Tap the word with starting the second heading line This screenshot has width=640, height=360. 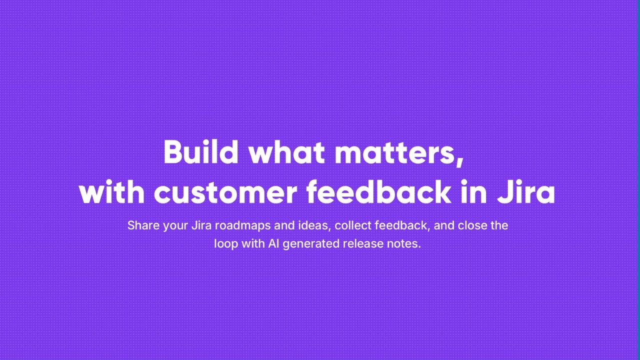point(111,192)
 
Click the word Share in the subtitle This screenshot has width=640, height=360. point(143,225)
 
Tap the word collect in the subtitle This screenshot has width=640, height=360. point(353,225)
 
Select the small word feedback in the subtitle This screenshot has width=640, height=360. point(402,225)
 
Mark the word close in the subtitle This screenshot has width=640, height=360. point(472,225)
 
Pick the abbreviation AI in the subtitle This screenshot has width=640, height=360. point(273,244)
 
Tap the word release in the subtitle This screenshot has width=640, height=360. point(363,244)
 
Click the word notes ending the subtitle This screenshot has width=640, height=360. point(403,244)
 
